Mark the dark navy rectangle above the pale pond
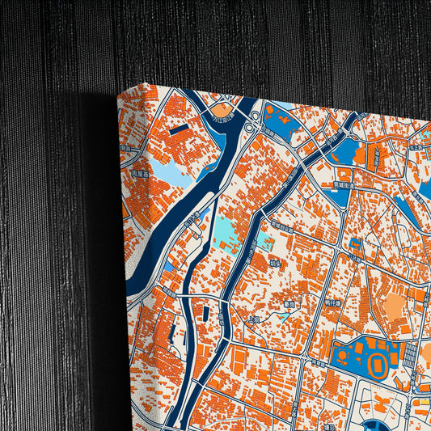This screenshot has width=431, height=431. pos(180,129)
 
